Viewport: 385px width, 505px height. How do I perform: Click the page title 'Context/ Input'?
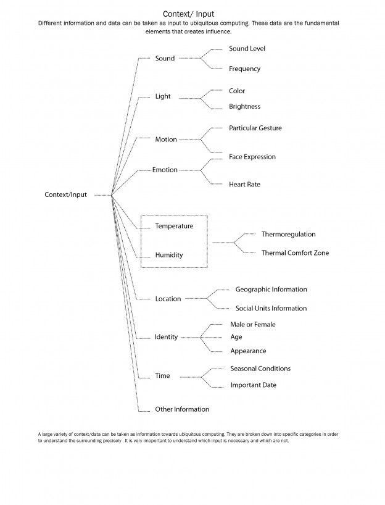coord(188,13)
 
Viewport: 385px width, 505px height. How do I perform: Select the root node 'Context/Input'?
coord(66,194)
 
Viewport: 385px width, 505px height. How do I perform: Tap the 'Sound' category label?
coord(165,59)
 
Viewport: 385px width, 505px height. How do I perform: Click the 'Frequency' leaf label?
coord(244,69)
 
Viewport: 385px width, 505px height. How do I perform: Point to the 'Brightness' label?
coord(244,106)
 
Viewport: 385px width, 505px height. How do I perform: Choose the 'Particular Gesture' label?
coord(255,128)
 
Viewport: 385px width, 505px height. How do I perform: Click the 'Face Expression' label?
coord(252,157)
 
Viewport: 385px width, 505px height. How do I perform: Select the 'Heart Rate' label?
coord(244,184)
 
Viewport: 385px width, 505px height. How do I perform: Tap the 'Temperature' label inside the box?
coord(174,226)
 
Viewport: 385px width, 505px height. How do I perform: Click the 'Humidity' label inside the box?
coord(169,254)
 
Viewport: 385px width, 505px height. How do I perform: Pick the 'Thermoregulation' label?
coord(288,234)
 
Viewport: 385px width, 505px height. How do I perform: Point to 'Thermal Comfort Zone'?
coord(295,252)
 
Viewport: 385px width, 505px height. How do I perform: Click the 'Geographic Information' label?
coord(271,289)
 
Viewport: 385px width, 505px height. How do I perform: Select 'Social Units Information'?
coord(271,308)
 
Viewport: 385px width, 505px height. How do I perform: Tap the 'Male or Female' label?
coord(252,324)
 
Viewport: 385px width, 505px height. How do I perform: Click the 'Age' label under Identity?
coord(236,337)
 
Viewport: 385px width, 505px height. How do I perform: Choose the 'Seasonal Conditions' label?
coord(260,369)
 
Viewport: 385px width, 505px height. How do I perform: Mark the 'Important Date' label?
coord(253,385)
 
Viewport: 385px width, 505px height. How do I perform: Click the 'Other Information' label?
coord(182,409)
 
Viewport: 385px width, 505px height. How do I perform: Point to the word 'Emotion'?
coord(165,170)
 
